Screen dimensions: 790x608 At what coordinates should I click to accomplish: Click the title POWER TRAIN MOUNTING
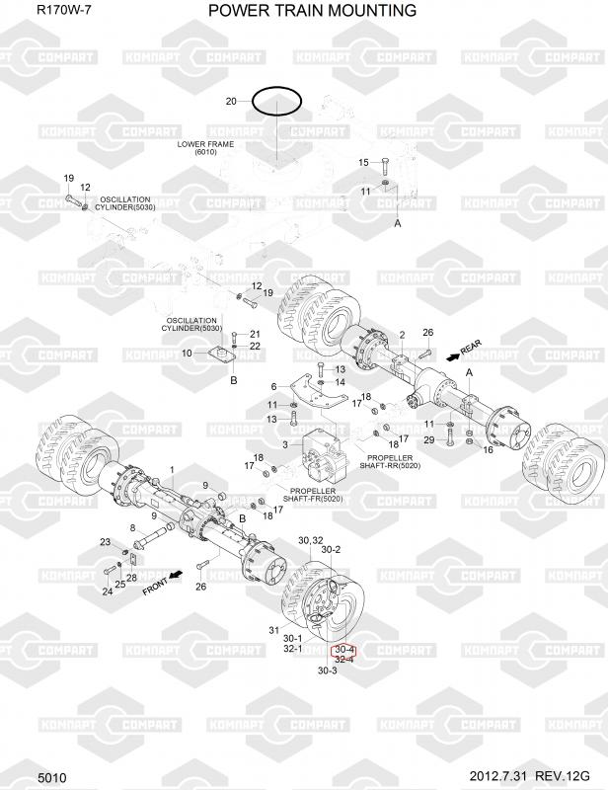(312, 10)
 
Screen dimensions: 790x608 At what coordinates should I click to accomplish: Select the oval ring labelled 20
(276, 101)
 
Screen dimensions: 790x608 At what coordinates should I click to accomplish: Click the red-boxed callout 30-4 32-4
(344, 654)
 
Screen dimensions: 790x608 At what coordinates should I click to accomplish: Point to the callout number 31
(274, 631)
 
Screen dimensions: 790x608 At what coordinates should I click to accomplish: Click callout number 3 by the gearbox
(285, 445)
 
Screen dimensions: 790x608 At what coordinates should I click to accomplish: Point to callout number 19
(69, 178)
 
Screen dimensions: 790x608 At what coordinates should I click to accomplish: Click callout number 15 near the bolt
(362, 162)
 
